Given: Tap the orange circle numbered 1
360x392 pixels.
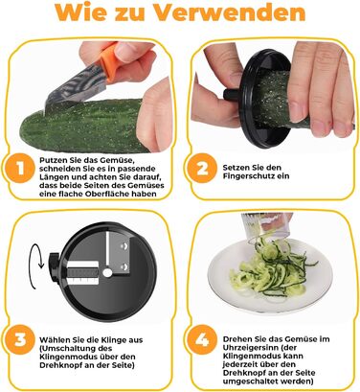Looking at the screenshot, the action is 20,168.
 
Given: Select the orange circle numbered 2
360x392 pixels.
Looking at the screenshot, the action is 202,168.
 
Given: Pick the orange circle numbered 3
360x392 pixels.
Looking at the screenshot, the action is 20,339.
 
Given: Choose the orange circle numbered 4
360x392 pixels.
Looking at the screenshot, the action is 202,339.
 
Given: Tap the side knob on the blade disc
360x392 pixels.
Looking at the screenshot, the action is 54,266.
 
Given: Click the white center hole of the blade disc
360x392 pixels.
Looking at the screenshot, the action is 107,272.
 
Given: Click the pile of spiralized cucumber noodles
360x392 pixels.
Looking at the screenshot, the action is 271,270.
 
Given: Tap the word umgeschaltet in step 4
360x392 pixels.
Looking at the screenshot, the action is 247,381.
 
